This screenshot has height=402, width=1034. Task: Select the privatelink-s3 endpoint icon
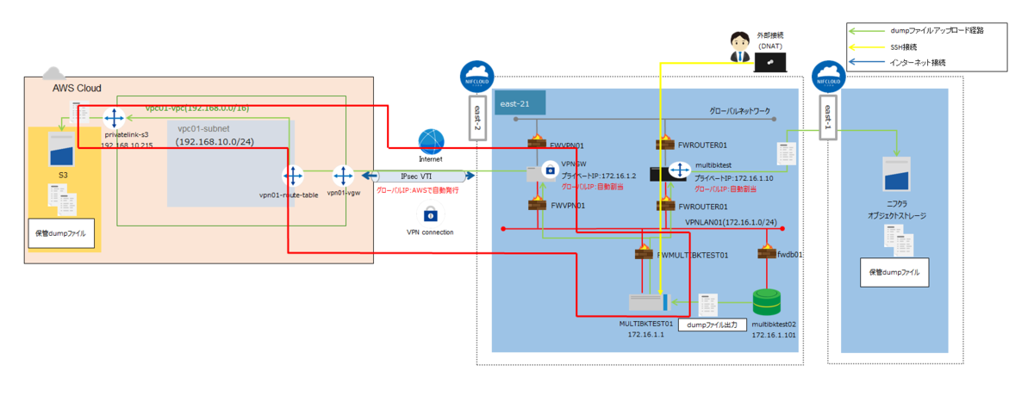click(x=115, y=120)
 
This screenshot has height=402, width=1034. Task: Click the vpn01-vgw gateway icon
click(x=344, y=177)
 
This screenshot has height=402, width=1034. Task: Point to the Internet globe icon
click(x=430, y=141)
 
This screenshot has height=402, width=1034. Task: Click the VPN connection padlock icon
click(x=429, y=214)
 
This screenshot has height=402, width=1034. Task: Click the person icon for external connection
click(x=738, y=48)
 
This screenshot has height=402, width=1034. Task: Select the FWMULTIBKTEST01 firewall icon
click(x=644, y=255)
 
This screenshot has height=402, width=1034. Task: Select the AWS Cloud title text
click(x=77, y=88)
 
